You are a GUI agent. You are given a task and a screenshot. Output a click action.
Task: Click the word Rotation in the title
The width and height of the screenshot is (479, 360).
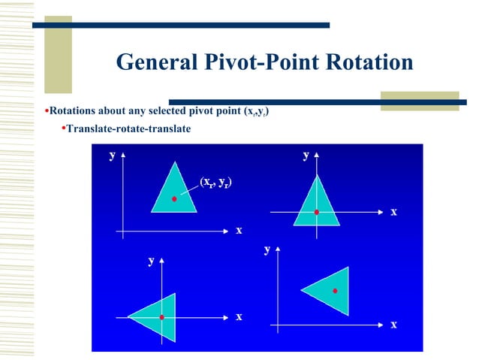tap(368, 62)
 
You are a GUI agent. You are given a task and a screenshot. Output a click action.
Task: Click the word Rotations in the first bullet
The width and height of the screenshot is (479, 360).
tap(74, 112)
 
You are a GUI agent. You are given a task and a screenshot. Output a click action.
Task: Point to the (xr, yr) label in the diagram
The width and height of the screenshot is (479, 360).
tap(215, 181)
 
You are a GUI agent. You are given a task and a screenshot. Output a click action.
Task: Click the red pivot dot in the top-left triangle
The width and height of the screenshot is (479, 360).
tap(174, 199)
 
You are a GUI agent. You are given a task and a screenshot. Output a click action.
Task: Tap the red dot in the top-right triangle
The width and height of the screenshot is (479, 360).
tap(317, 213)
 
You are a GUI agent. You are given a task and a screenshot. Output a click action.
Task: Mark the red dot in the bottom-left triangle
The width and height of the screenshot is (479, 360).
tap(161, 317)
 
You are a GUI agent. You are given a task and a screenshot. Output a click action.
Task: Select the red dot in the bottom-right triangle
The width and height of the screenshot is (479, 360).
tap(336, 290)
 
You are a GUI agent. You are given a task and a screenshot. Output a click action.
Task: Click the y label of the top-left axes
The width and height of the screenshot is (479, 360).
tap(112, 156)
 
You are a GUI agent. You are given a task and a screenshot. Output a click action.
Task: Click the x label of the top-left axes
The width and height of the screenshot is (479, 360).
tap(239, 230)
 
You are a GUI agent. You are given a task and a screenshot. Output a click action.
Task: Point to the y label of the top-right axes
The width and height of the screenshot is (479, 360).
tap(306, 156)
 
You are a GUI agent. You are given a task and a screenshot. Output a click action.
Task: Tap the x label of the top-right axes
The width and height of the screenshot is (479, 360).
tap(393, 213)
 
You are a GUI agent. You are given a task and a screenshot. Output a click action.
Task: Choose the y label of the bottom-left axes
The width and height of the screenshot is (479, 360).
tap(151, 261)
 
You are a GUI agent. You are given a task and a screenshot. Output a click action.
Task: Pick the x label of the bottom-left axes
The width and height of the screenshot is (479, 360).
tap(239, 316)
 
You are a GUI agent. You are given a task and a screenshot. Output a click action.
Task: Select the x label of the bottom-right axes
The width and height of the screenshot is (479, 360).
tap(393, 325)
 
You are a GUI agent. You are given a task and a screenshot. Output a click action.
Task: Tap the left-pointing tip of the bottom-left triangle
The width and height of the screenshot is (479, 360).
tap(127, 316)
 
